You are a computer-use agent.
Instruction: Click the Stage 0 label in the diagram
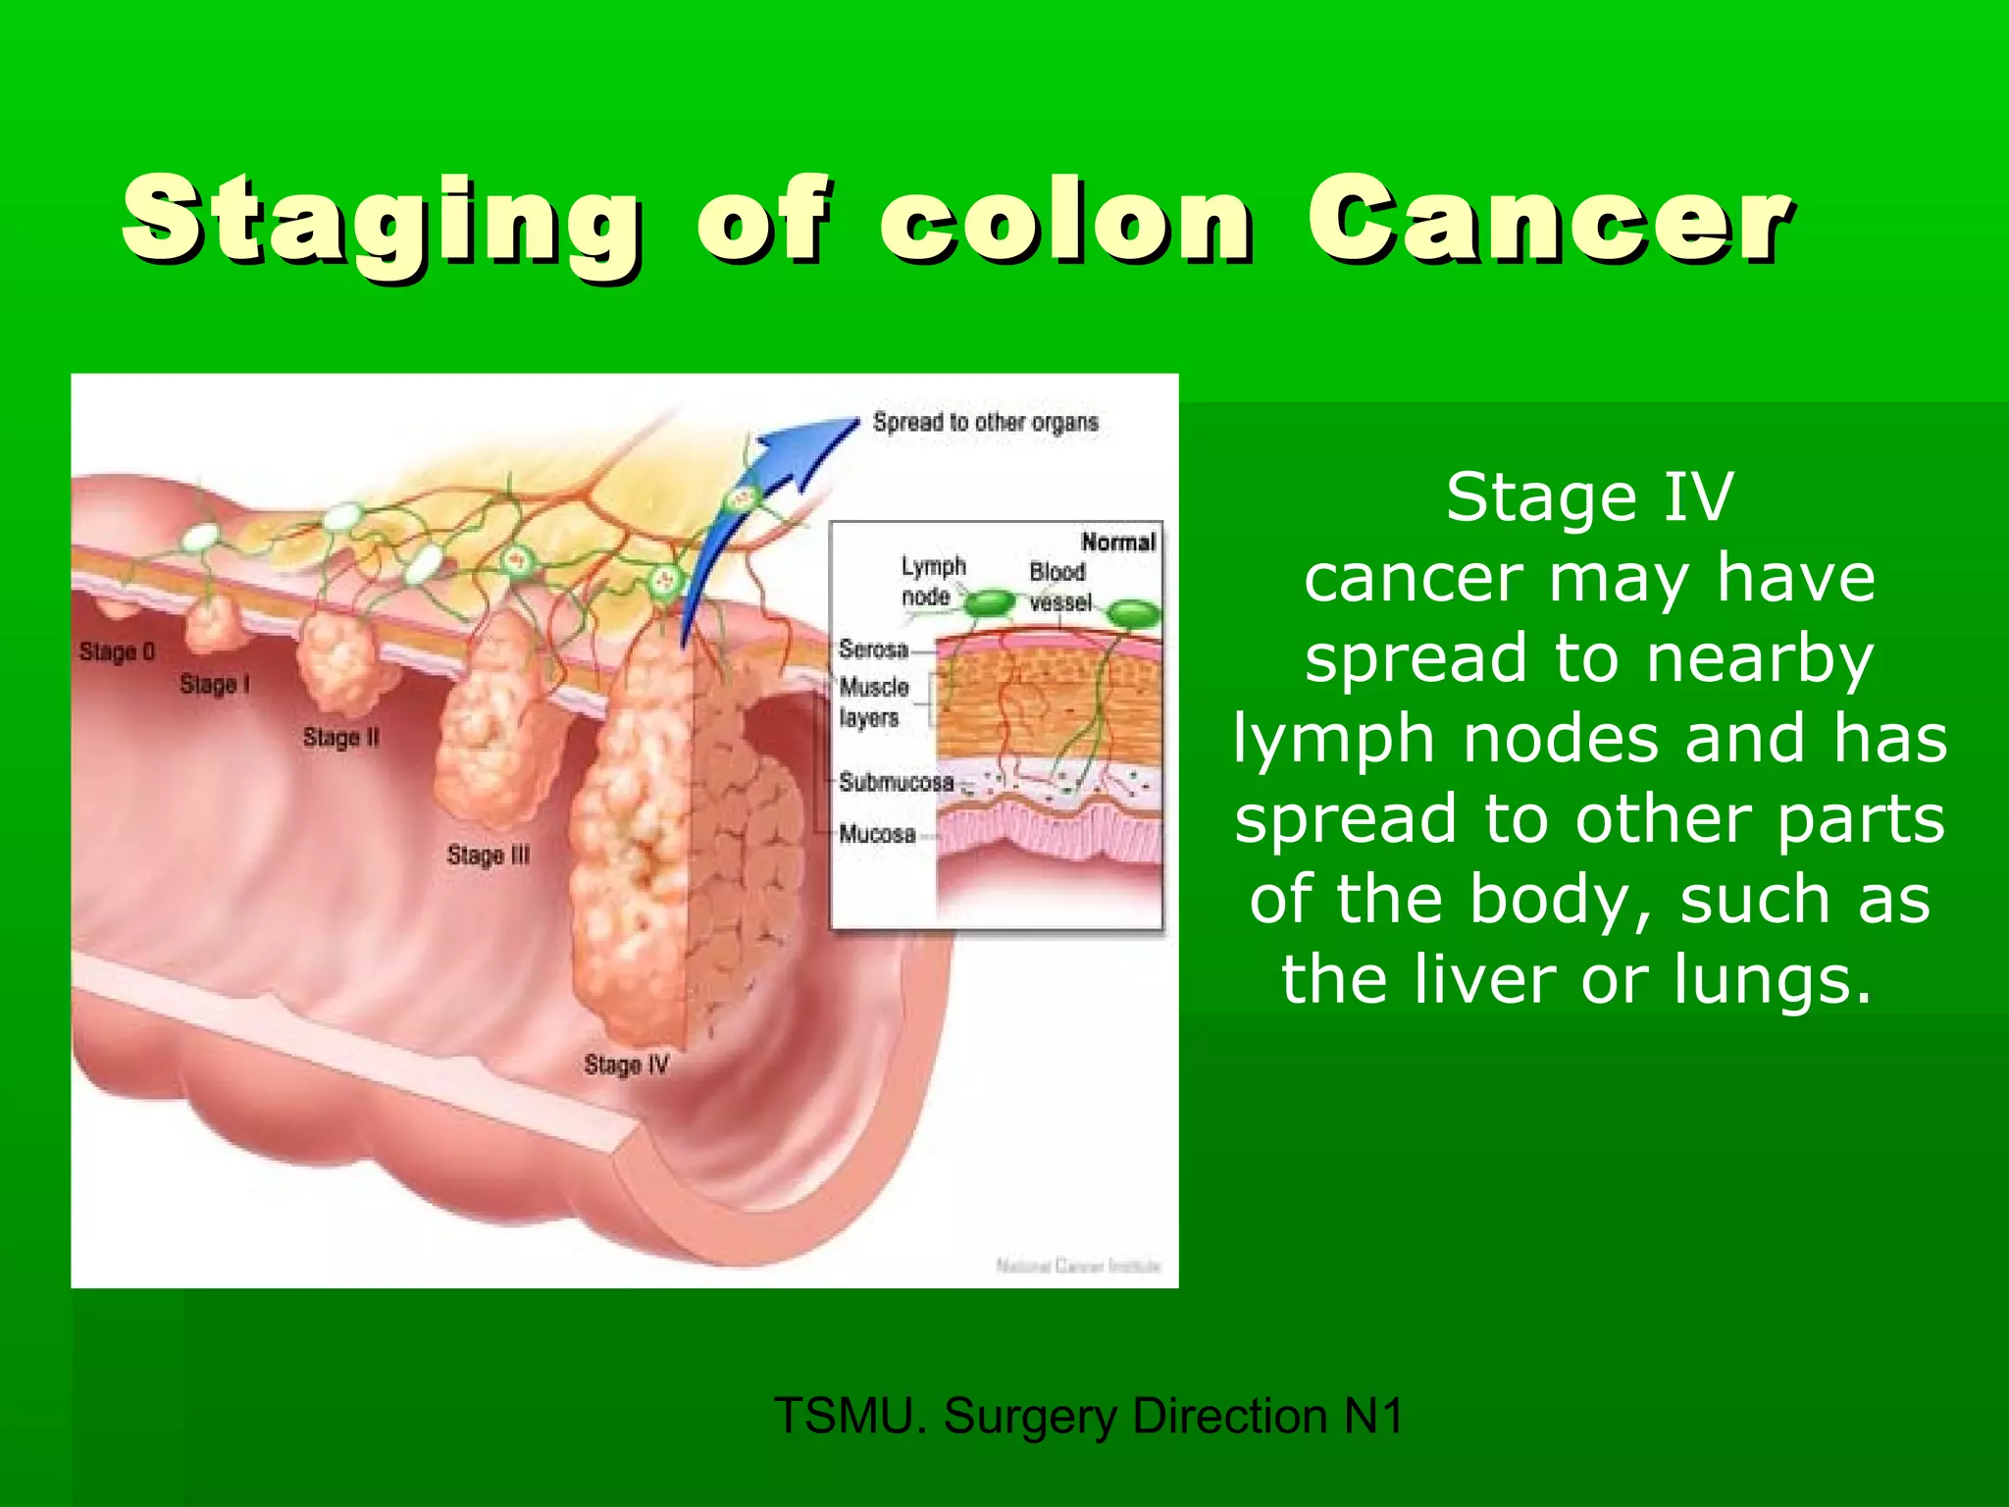click(x=117, y=651)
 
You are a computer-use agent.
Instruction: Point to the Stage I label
click(x=215, y=684)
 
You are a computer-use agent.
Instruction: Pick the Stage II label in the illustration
click(x=340, y=737)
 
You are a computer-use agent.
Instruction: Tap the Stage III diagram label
click(x=488, y=855)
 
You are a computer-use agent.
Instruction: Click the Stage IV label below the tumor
click(x=626, y=1065)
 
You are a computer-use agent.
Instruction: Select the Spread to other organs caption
click(x=985, y=423)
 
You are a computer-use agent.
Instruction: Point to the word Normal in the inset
click(x=1118, y=542)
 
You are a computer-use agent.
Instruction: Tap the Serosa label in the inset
click(x=873, y=650)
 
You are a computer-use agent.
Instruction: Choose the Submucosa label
click(x=896, y=782)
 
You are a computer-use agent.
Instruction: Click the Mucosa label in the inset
click(x=877, y=834)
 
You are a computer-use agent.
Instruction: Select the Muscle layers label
click(x=873, y=702)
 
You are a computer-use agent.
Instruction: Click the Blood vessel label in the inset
click(x=1058, y=587)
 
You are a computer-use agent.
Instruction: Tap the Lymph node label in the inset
click(x=933, y=581)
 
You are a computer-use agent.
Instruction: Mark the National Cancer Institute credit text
click(x=1077, y=1266)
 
